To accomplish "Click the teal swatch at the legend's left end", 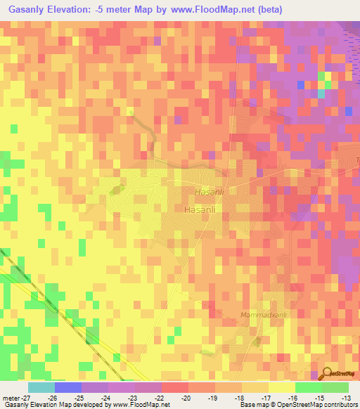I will (41, 387).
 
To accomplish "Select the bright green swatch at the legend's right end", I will (335, 387).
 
